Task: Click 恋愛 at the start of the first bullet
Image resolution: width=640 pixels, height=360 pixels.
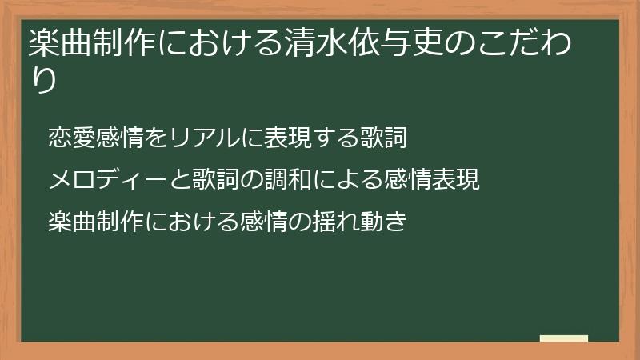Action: [x=71, y=138]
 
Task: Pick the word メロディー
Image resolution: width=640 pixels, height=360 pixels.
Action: [x=106, y=180]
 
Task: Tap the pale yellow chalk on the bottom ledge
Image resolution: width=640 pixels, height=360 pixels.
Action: [x=564, y=338]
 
